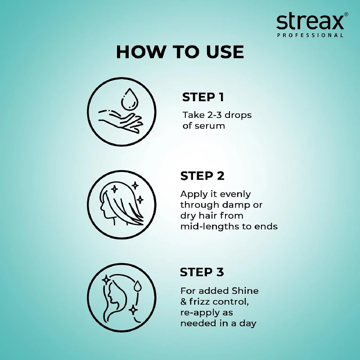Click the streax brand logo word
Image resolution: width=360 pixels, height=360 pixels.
310,22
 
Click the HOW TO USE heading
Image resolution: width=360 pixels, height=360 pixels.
180,52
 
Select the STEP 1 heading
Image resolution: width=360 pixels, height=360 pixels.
203,97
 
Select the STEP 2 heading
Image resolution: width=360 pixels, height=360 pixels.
202,176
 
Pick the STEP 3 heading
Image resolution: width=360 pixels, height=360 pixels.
202,272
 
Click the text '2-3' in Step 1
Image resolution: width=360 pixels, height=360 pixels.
211,115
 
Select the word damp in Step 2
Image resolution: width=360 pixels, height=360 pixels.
237,205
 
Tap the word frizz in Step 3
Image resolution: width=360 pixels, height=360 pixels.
200,302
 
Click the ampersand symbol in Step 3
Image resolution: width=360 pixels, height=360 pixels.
184,302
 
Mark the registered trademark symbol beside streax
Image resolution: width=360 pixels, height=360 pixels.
346,14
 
